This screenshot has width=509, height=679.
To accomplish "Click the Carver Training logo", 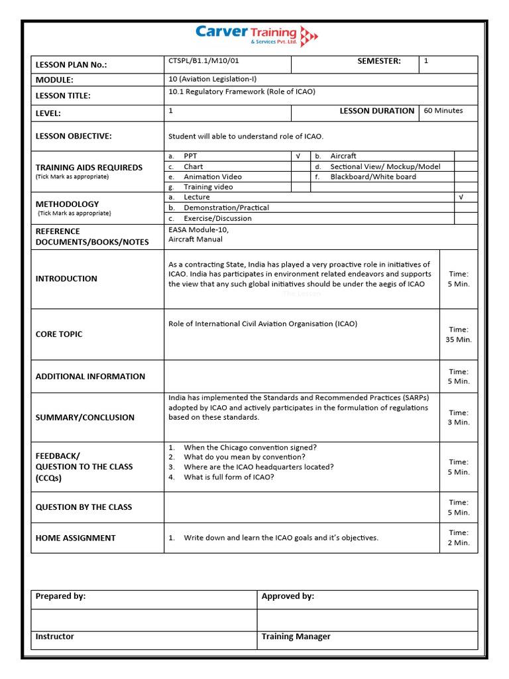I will click(x=256, y=34).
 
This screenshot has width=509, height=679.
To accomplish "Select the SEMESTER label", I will click(x=378, y=61).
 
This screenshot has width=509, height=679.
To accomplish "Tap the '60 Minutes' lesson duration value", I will click(x=443, y=111).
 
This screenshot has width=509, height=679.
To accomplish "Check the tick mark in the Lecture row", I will click(x=461, y=198).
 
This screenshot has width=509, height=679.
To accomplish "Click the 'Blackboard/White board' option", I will click(x=373, y=177).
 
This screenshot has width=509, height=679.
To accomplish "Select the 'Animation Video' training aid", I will click(x=212, y=177).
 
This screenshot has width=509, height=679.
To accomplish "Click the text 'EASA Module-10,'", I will click(x=199, y=229).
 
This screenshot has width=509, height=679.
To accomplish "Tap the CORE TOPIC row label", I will click(x=59, y=334).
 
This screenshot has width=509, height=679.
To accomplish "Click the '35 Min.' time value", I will click(x=458, y=339).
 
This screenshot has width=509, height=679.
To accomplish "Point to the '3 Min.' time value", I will click(x=458, y=422).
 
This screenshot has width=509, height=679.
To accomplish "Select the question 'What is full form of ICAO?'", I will click(x=229, y=477).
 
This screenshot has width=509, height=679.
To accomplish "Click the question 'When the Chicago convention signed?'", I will click(x=250, y=448).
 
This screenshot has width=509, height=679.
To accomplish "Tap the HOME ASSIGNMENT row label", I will click(x=76, y=538).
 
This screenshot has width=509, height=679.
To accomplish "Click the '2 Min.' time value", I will click(x=458, y=542).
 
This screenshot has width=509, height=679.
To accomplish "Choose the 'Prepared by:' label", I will click(x=60, y=596).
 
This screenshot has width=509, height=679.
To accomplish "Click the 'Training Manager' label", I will click(x=296, y=637).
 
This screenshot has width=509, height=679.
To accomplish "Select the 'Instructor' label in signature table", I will click(x=55, y=637).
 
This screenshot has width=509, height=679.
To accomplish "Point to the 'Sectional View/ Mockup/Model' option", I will click(x=385, y=167).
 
